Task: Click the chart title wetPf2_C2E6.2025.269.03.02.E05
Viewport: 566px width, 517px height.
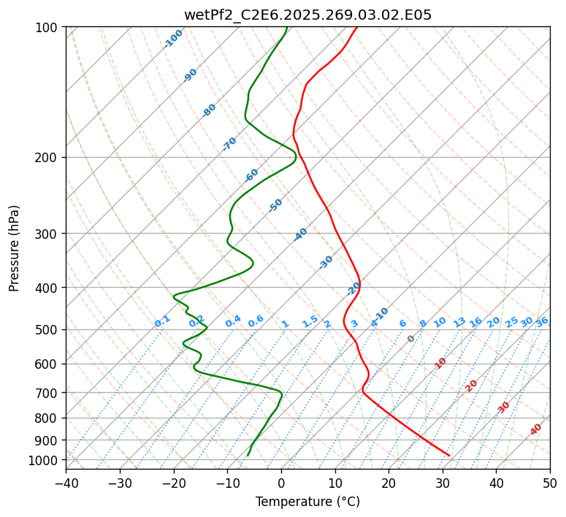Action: (307, 15)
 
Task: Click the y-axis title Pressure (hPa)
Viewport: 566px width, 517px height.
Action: (15, 248)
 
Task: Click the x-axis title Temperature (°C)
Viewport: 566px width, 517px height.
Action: (307, 502)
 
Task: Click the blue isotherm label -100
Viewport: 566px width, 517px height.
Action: (174, 38)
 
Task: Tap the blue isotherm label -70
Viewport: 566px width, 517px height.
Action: (230, 144)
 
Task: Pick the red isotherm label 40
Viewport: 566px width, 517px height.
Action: (536, 429)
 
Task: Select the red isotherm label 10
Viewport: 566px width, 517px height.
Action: (440, 363)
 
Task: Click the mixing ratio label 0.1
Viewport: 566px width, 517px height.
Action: (162, 321)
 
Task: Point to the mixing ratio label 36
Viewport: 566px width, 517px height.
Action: (542, 321)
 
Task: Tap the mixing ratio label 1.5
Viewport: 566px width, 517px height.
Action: (310, 321)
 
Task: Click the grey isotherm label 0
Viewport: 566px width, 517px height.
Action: (411, 339)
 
